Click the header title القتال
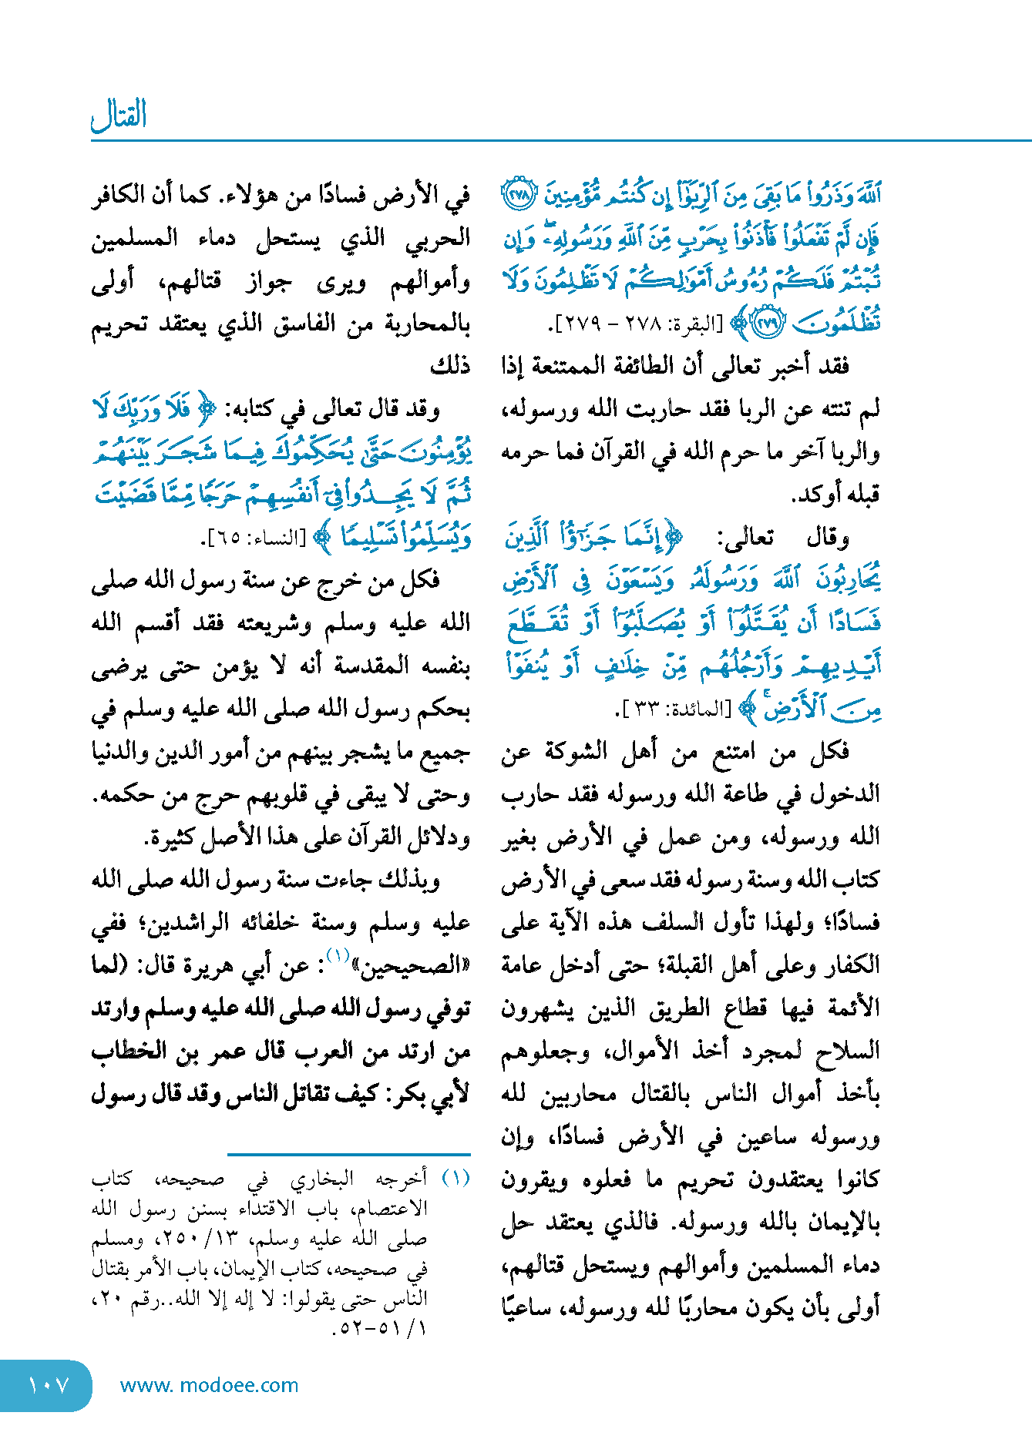click(x=119, y=116)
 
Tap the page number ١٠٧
click(x=48, y=1386)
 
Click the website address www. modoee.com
click(x=209, y=1385)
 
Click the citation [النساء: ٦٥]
click(x=254, y=538)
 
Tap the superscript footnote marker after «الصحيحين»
click(x=338, y=956)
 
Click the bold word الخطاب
click(x=128, y=1051)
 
